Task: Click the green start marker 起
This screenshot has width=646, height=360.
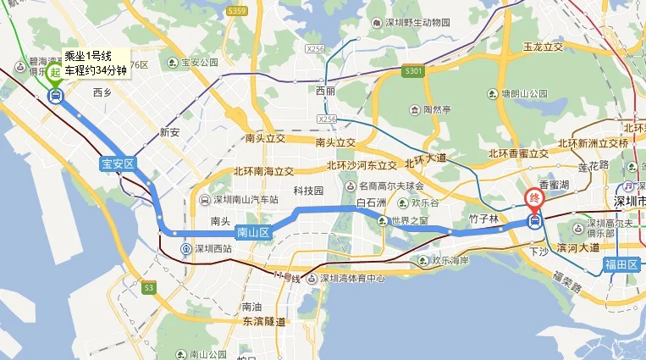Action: [x=55, y=73]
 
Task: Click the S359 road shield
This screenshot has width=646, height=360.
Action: [x=237, y=11]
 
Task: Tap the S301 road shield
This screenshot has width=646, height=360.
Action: [x=413, y=71]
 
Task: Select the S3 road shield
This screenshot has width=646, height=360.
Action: [x=149, y=288]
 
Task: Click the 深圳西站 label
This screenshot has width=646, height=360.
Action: [x=212, y=248]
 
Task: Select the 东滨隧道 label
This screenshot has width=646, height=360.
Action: [x=262, y=321]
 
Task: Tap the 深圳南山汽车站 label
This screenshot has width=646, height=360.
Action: [x=245, y=201]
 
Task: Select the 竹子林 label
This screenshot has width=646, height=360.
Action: [x=483, y=219]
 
